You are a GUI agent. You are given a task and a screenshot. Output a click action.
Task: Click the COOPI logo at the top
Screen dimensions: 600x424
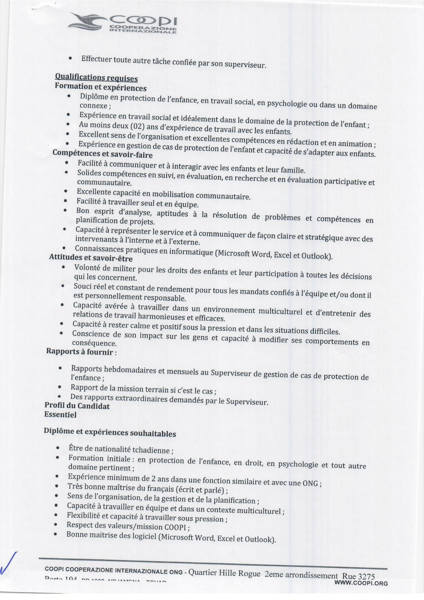pyautogui.click(x=122, y=24)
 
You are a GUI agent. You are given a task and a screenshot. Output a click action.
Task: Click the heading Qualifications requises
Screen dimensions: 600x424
pyautogui.click(x=96, y=78)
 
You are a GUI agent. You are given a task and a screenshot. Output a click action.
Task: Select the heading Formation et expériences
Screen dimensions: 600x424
pyautogui.click(x=100, y=87)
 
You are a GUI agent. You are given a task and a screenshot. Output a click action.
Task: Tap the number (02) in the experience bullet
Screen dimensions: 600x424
pyautogui.click(x=137, y=127)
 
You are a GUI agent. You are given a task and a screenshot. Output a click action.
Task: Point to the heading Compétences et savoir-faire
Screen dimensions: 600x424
pyautogui.click(x=102, y=154)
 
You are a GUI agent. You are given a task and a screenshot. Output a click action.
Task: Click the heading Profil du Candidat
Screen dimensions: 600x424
pyautogui.click(x=77, y=406)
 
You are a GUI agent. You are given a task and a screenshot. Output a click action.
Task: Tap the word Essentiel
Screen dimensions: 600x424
pyautogui.click(x=60, y=415)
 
